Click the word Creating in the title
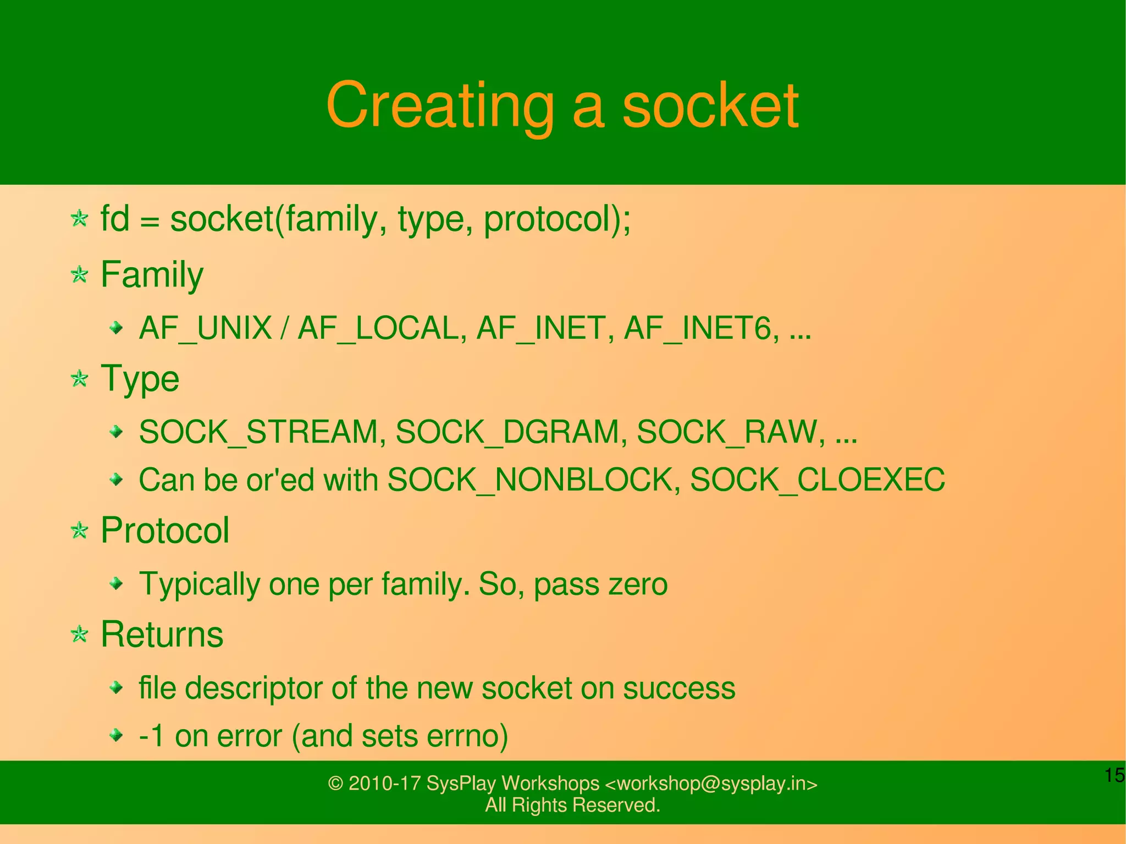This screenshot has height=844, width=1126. click(440, 106)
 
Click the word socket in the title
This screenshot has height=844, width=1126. click(710, 106)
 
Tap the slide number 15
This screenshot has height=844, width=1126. click(1114, 775)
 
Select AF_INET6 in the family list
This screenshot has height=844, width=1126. click(701, 328)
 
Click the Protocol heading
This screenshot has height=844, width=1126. click(164, 531)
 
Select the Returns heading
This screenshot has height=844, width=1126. click(162, 635)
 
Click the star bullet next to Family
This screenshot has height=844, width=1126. click(80, 274)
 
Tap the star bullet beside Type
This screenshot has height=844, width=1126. click(80, 378)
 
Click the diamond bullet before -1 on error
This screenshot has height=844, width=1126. click(116, 735)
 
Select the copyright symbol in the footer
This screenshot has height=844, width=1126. click(335, 783)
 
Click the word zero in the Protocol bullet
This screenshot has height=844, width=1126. click(638, 584)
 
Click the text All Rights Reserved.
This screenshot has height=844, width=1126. click(572, 805)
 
